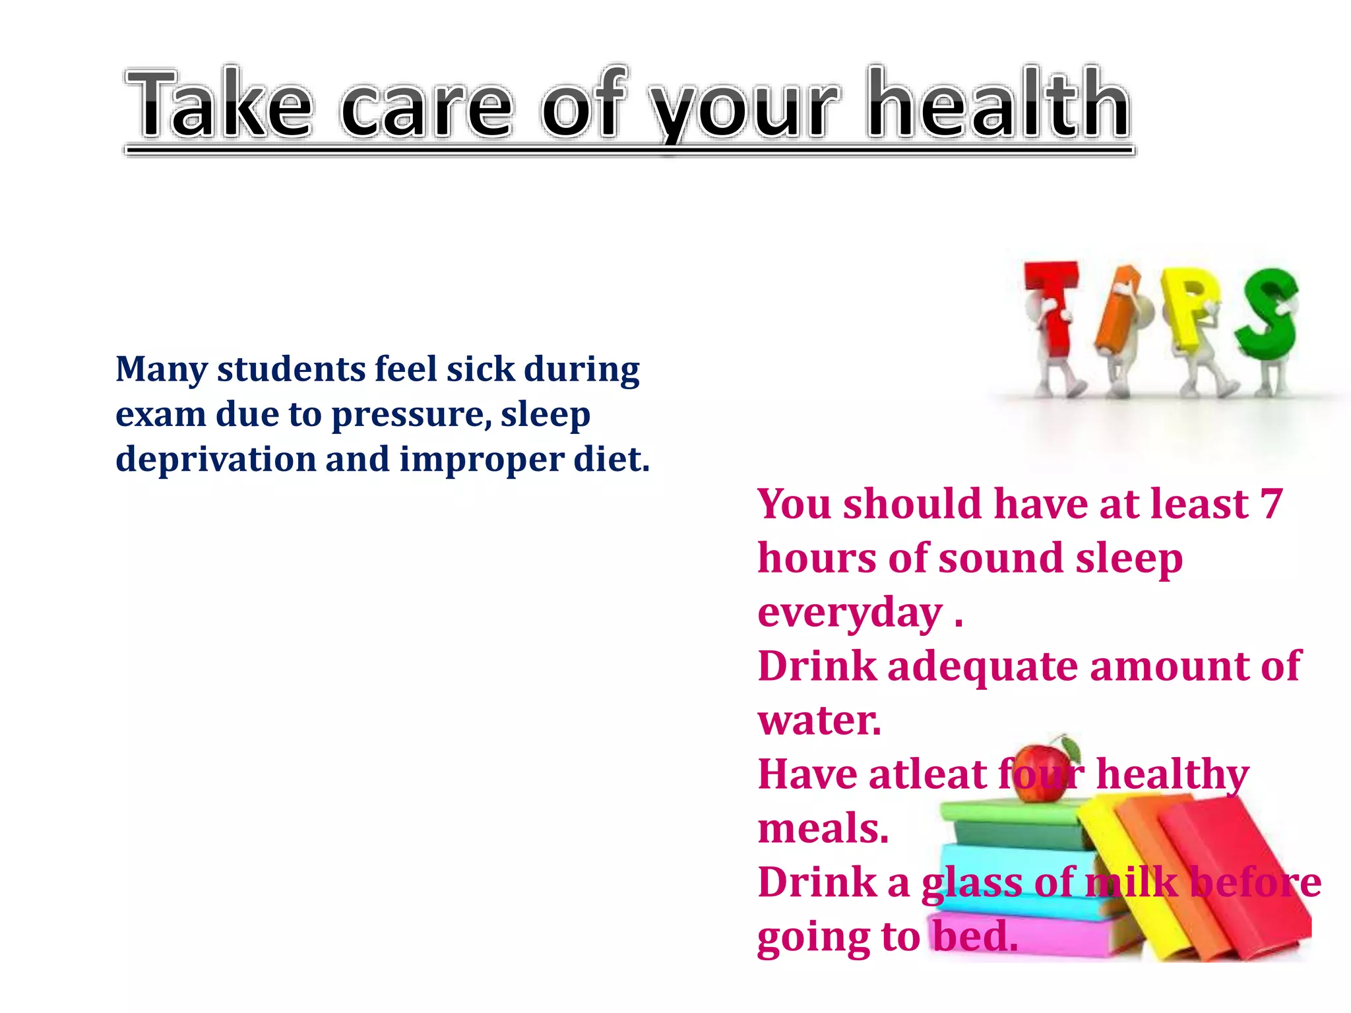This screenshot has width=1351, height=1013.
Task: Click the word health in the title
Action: [999, 106]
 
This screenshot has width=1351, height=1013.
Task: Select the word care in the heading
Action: [426, 109]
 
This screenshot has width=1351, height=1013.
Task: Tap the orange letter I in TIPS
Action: [1115, 310]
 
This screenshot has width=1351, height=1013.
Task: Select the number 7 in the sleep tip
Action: [1271, 505]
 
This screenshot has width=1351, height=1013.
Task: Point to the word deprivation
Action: [216, 460]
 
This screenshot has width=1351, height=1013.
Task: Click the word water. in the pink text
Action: [819, 720]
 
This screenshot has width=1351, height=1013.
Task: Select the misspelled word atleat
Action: [927, 774]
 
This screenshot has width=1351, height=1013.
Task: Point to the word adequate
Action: [984, 666]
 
